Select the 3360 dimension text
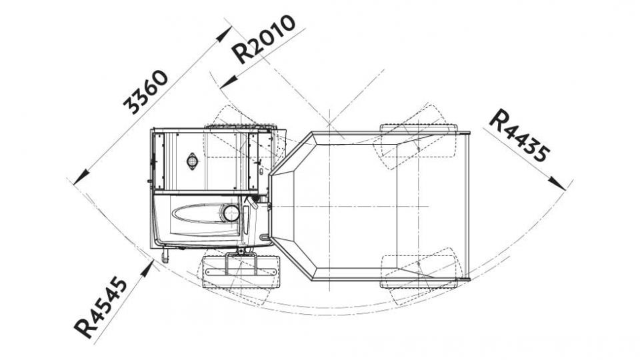coord(145,92)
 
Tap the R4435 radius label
coord(519,135)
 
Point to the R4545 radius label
coord(101,307)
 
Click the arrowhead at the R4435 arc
coord(558,184)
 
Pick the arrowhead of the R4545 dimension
coord(147,269)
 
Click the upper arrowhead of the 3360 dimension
coord(224,34)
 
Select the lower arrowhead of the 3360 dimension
coord(81,177)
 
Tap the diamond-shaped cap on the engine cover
coord(192,161)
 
